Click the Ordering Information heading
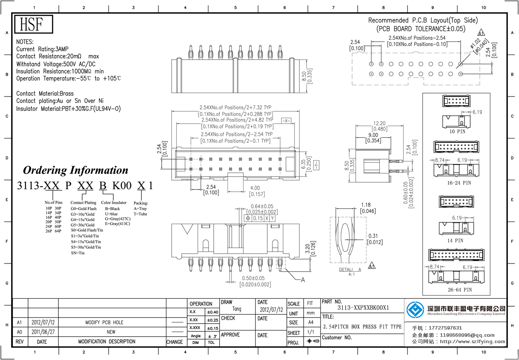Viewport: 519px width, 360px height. [76, 170]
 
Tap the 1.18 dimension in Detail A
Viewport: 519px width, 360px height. [366, 205]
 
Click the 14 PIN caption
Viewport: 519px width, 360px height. [455, 240]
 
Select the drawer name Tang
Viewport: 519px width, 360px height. [237, 309]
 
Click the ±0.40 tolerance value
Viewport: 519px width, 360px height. [212, 312]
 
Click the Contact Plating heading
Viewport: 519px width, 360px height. [83, 202]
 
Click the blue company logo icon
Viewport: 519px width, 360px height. [416, 309]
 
